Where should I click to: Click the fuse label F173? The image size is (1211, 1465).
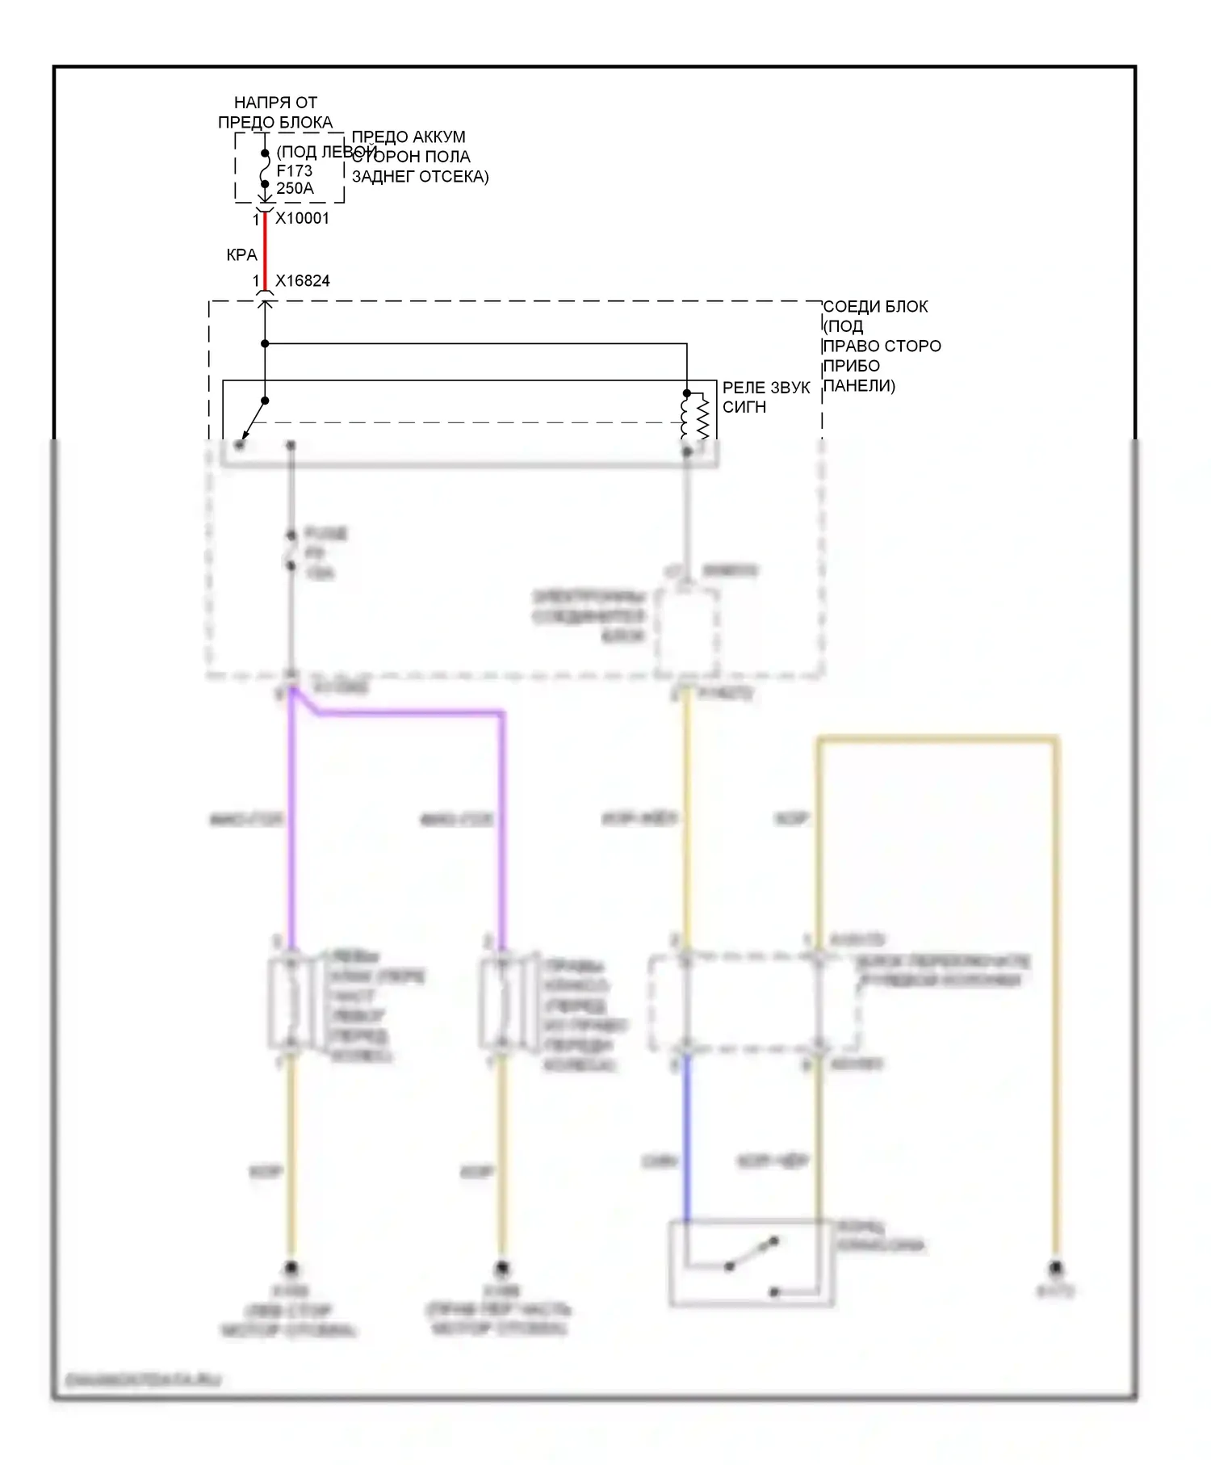point(294,170)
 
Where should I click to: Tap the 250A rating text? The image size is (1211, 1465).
point(295,189)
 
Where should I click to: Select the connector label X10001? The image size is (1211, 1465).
point(302,218)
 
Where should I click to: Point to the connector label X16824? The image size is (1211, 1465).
point(302,281)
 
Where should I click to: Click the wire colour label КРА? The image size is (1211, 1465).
point(241,255)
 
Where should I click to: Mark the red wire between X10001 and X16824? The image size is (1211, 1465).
point(265,250)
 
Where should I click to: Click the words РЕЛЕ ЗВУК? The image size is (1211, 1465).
point(765,388)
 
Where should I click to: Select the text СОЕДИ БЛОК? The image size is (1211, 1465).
point(875,307)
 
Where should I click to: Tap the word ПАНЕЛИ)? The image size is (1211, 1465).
point(859,386)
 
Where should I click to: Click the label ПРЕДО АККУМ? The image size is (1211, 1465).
point(409,137)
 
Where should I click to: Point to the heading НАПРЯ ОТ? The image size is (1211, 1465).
point(275,103)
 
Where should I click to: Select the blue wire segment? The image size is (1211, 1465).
point(686,1139)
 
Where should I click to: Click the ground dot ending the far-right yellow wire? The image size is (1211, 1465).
point(1054,1268)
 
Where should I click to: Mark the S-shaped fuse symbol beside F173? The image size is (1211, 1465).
point(265,170)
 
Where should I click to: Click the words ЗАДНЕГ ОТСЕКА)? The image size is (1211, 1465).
point(420,177)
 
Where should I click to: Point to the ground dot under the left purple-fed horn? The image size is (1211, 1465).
point(291,1268)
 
